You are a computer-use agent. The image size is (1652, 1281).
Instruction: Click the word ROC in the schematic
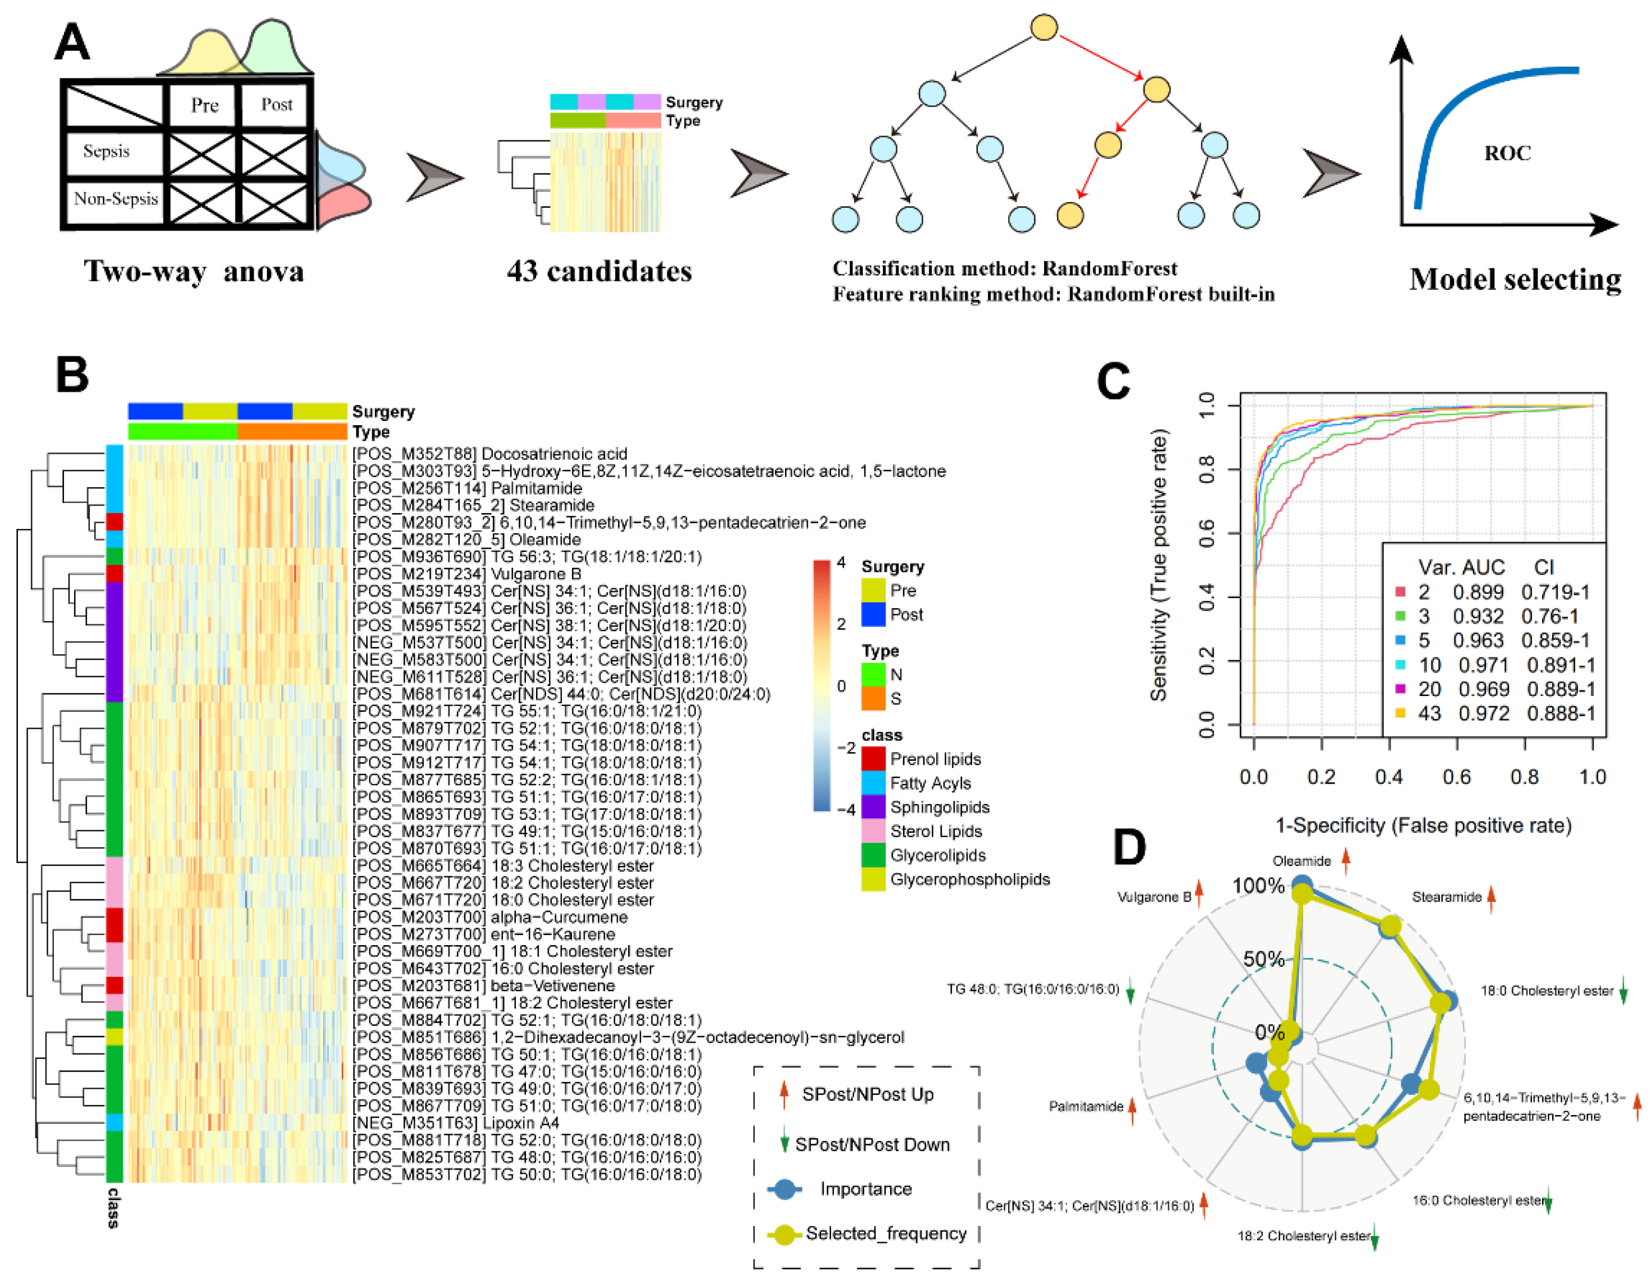[1506, 153]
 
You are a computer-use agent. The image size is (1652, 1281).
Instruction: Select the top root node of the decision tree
[1044, 28]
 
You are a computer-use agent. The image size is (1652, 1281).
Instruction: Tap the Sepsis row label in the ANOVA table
[107, 151]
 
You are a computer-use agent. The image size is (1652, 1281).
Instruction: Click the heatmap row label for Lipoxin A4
[456, 1123]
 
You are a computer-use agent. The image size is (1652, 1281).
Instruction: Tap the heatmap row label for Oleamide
[467, 539]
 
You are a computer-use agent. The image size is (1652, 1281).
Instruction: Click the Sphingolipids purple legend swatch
[874, 807]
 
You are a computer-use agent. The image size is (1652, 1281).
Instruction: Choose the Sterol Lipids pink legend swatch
[874, 831]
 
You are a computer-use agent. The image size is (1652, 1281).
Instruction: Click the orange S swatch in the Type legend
[874, 698]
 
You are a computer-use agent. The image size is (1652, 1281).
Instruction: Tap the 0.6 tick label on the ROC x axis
[1456, 777]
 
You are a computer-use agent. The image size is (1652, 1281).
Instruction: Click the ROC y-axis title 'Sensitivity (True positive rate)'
[1159, 564]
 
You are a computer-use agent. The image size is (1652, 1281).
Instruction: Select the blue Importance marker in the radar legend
[785, 1189]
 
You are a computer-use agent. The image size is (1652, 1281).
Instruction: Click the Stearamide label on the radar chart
[1446, 898]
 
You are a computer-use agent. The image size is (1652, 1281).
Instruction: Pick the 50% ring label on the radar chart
[1263, 959]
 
